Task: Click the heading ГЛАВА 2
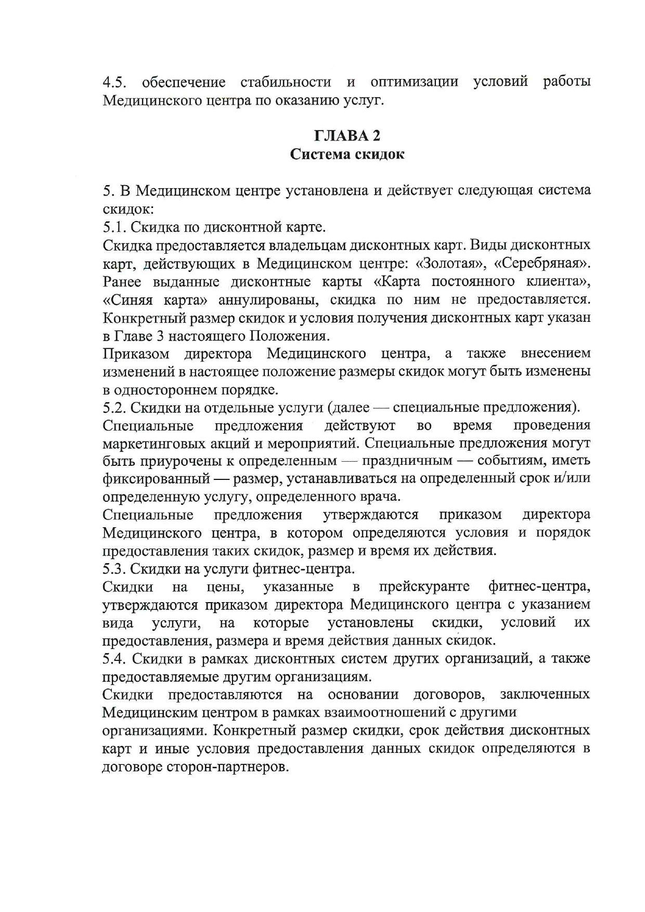click(x=347, y=136)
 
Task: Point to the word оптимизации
click(x=414, y=82)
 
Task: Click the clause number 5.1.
click(x=114, y=227)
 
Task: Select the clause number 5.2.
click(x=114, y=408)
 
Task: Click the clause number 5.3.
click(x=114, y=569)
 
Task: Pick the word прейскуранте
click(x=424, y=587)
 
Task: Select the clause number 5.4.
click(x=114, y=659)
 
